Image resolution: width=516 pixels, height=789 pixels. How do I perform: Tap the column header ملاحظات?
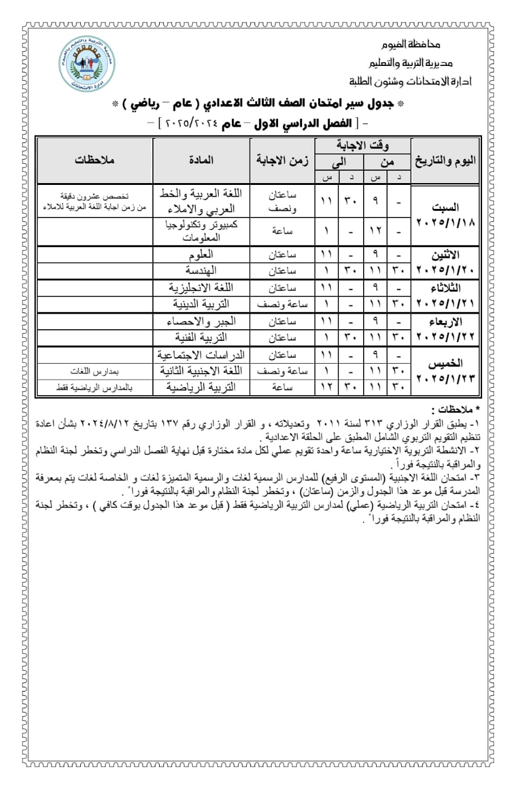95,160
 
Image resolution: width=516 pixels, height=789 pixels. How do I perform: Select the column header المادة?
201,160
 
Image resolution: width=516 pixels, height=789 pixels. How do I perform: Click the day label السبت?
455,208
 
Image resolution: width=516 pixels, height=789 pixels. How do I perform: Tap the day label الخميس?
455,364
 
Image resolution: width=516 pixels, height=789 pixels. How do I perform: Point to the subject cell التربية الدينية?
202,304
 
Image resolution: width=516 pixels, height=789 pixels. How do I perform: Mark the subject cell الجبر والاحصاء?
201,321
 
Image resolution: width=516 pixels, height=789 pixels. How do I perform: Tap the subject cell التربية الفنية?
202,337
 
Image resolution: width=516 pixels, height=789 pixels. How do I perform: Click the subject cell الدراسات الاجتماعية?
202,354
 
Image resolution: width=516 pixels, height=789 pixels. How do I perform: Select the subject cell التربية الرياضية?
202,387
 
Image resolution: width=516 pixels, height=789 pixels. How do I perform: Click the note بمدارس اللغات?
94,371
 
